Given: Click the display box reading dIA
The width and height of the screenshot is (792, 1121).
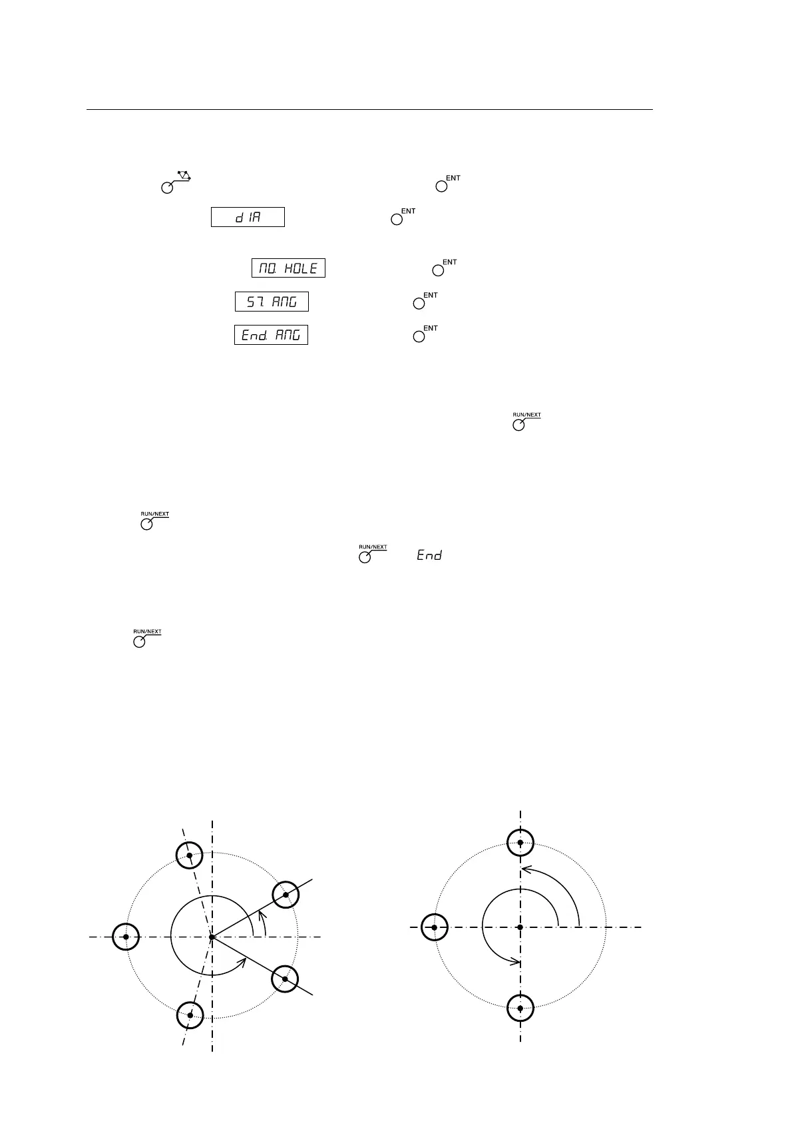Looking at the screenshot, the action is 248,217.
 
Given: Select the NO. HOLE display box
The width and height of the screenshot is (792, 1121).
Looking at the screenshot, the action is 288,268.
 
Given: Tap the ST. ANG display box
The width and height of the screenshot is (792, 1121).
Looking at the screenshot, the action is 272,302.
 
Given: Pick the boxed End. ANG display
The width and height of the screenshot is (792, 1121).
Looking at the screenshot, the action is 271,334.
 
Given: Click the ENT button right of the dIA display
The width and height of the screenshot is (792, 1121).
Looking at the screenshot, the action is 397,219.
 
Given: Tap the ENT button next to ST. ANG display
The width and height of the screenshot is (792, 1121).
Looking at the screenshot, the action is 419,303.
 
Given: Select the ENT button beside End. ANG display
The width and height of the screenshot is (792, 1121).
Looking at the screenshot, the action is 419,336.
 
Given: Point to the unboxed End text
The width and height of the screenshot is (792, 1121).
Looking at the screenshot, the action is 429,555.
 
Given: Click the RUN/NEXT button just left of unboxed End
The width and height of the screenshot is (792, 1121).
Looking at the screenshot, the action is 365,557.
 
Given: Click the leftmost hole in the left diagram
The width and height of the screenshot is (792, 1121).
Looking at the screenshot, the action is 126,937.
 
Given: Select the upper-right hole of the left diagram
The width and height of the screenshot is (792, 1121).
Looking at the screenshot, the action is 286,894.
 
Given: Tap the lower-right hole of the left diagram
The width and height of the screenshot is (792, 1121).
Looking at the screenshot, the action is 286,979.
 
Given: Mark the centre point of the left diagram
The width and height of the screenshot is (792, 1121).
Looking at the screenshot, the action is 212,937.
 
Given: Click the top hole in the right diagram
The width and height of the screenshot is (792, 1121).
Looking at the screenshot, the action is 520,842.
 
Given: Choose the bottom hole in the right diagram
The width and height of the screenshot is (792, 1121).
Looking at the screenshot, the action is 520,1008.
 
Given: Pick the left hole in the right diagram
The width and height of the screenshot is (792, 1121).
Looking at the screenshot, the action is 434,927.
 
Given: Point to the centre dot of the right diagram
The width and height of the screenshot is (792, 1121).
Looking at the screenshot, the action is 520,927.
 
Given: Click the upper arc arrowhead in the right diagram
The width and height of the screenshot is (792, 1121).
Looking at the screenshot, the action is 526,868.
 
